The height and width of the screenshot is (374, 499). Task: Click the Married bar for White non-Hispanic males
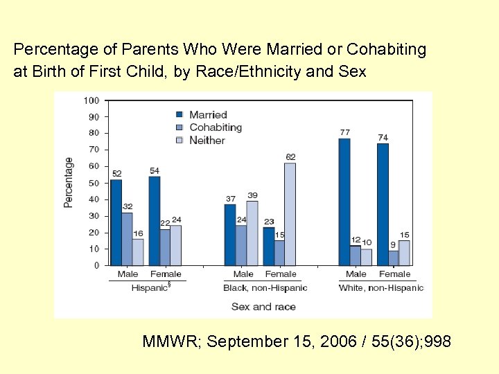click(344, 202)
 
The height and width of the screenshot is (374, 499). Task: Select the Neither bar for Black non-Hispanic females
click(290, 214)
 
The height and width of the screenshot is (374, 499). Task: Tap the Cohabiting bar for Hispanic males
click(127, 239)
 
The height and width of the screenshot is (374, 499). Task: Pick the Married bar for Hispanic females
click(155, 221)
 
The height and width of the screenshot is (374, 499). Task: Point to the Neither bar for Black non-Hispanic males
click(252, 233)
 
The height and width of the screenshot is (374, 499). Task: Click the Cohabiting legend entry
click(215, 127)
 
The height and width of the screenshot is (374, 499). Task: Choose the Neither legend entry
click(207, 141)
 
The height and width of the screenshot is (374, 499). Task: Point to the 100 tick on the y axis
click(91, 100)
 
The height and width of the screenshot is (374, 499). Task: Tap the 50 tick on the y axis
click(93, 183)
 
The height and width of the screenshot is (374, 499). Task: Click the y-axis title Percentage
click(69, 182)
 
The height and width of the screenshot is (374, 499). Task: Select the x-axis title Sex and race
click(263, 306)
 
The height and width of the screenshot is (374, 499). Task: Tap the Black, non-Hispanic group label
click(265, 287)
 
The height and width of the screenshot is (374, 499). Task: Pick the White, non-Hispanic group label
click(380, 287)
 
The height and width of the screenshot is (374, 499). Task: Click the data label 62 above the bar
click(290, 157)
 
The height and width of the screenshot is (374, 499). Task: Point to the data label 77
click(344, 132)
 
